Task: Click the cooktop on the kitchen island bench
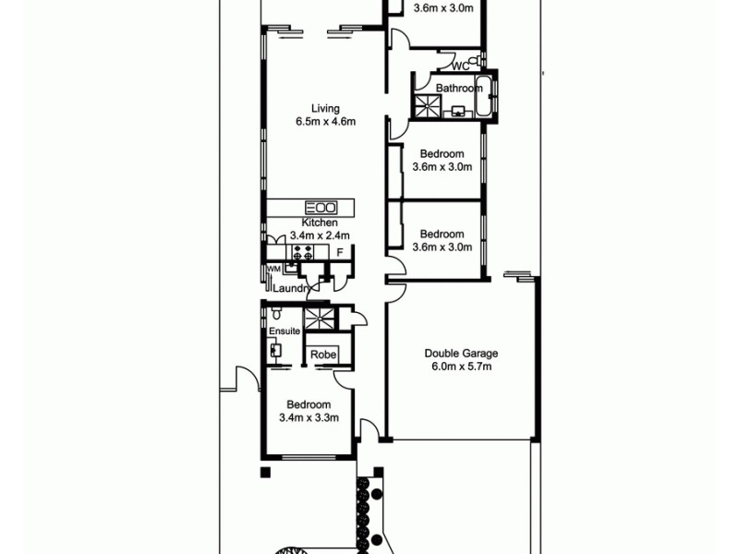tap(321, 207)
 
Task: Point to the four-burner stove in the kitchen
tap(301, 251)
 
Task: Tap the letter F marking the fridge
tap(340, 252)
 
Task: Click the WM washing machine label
tap(273, 269)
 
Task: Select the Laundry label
tap(290, 289)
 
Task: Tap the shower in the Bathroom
tap(427, 106)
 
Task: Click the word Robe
tap(322, 355)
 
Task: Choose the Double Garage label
tap(461, 353)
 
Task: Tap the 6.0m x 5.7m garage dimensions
tap(461, 367)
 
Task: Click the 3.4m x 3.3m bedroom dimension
tap(309, 418)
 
